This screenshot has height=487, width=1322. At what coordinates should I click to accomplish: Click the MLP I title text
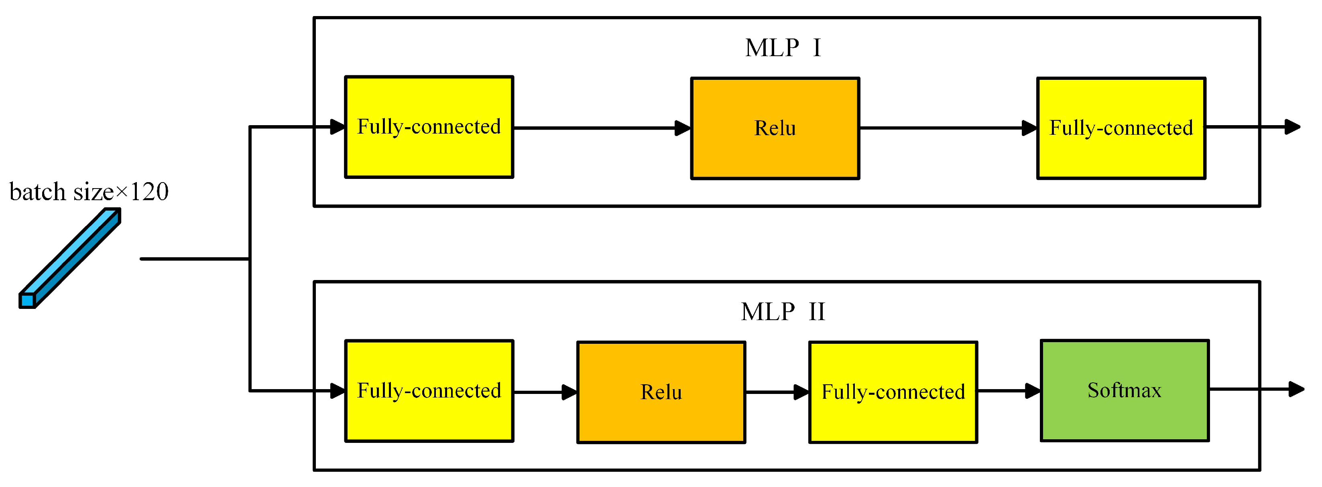point(783,48)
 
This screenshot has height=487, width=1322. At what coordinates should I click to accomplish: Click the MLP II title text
point(783,311)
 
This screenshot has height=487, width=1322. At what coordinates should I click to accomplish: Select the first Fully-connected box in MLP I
point(429,127)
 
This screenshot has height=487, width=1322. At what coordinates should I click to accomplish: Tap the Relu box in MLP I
point(775,128)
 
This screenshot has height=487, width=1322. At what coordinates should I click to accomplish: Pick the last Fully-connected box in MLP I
point(1121,128)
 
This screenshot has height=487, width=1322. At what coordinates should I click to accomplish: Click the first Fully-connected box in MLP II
point(429,391)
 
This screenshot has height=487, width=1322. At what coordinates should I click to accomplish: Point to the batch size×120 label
point(89,192)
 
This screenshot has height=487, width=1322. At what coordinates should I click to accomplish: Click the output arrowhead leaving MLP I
point(1292,127)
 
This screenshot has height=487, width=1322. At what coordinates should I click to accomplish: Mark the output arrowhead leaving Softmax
point(1296,390)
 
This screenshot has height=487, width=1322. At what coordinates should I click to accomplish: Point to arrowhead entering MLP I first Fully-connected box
point(337,127)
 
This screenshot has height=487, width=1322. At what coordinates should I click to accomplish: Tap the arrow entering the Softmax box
point(1009,391)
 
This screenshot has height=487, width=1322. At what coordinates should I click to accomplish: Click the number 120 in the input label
point(149,192)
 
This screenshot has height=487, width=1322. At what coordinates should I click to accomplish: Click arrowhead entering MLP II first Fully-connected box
point(337,391)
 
